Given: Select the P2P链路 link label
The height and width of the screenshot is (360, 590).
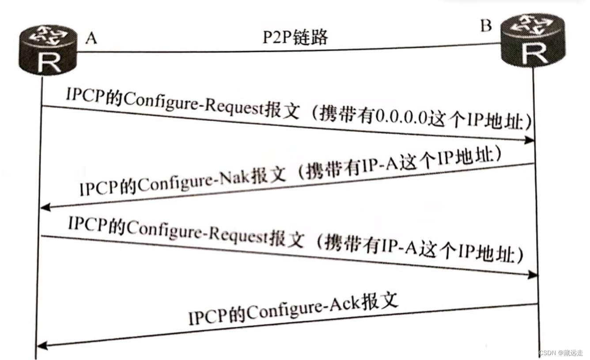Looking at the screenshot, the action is [295, 38].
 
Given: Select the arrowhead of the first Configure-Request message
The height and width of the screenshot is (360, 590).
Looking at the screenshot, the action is [530, 140].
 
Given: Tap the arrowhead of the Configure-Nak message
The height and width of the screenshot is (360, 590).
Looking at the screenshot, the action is [44, 208].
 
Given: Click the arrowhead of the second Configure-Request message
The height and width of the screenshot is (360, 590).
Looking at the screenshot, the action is [533, 275].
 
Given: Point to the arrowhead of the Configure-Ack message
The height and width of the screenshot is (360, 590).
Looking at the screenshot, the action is [42, 345].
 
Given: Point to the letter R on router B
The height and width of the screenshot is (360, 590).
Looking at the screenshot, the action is [534, 54].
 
